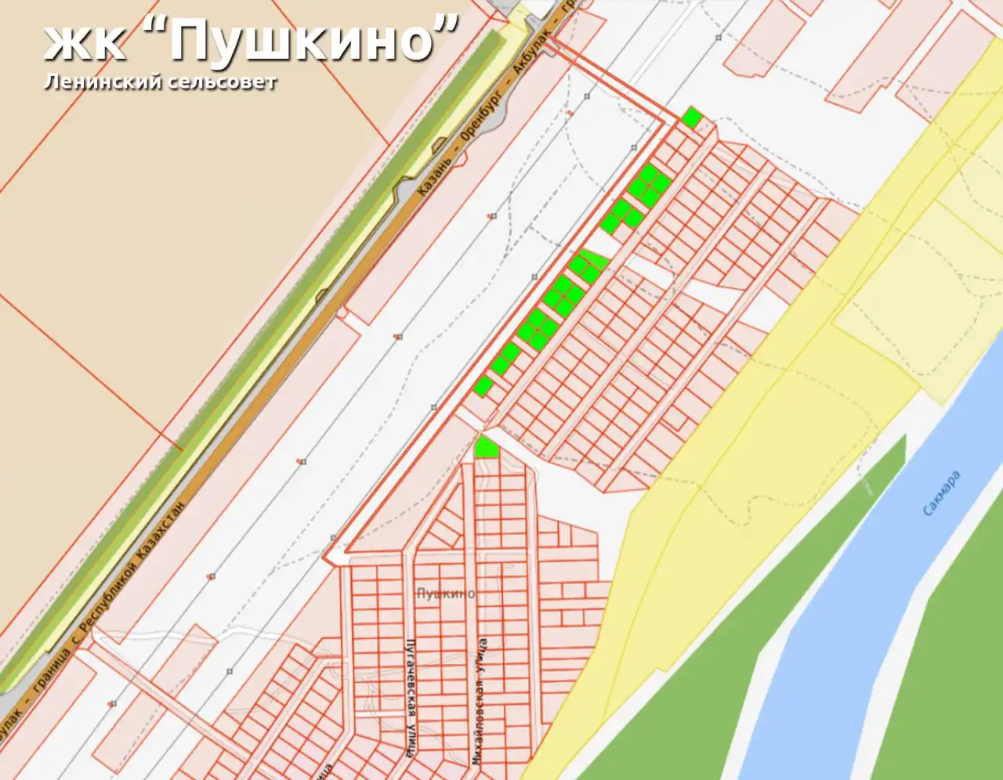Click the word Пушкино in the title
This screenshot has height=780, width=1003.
[x=302, y=41]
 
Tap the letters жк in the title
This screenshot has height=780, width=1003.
[x=84, y=42]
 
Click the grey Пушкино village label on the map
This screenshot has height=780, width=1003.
[x=445, y=594]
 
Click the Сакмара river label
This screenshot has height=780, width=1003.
[x=940, y=493]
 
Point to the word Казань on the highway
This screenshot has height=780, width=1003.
[x=436, y=173]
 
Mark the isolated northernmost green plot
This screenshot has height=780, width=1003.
[x=690, y=117]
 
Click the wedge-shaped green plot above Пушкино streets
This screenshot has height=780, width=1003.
[x=485, y=447]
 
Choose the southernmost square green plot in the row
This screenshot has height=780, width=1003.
[x=483, y=385]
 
